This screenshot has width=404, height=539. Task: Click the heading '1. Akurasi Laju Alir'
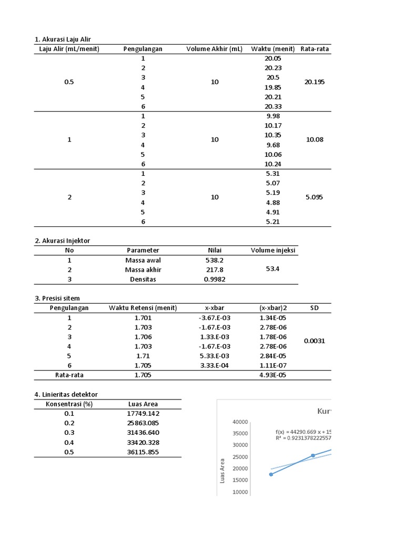[66, 39]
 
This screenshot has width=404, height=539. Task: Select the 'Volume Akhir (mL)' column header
[215, 49]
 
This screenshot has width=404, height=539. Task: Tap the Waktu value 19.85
[272, 87]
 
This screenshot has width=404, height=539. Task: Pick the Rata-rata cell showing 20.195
[315, 82]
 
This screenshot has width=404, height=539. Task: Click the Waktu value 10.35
[272, 135]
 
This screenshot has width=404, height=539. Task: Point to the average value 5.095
[315, 197]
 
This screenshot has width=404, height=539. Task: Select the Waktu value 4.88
[272, 203]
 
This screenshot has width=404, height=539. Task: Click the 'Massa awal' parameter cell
[143, 260]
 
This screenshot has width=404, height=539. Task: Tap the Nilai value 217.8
[214, 269]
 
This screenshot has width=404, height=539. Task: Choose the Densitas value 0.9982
[214, 280]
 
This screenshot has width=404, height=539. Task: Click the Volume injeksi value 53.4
[272, 269]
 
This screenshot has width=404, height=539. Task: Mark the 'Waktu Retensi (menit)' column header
[143, 308]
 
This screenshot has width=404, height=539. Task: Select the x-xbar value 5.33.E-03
[215, 356]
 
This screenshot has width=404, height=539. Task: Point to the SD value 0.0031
[315, 341]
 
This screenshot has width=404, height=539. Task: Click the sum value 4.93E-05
[272, 375]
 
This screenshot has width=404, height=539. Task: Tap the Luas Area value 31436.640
[143, 433]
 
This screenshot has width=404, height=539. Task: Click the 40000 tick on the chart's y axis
[240, 422]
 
